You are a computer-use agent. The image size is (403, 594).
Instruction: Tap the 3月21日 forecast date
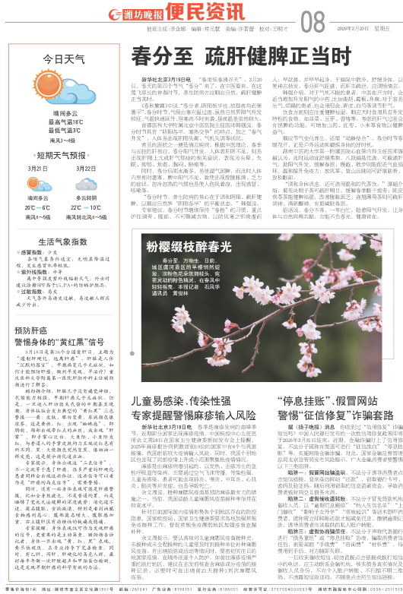tap(38, 168)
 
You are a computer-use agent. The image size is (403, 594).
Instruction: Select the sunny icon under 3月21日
tap(38, 185)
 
